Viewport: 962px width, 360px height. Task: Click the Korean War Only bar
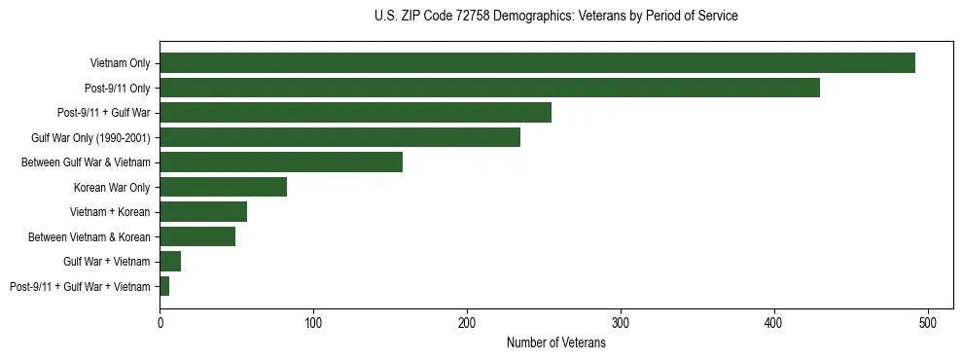(223, 187)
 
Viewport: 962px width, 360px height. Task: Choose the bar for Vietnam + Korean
(203, 212)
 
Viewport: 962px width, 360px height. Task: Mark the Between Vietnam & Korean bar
(197, 236)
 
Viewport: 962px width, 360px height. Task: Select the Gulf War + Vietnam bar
(170, 262)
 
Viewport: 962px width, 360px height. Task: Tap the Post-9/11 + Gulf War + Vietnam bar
(164, 286)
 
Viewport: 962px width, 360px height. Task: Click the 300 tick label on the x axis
(621, 322)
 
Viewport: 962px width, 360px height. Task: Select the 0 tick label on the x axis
(160, 322)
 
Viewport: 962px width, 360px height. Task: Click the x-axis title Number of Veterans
(555, 342)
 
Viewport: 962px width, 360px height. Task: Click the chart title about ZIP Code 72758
(555, 17)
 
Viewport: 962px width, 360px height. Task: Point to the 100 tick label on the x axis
(313, 322)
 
